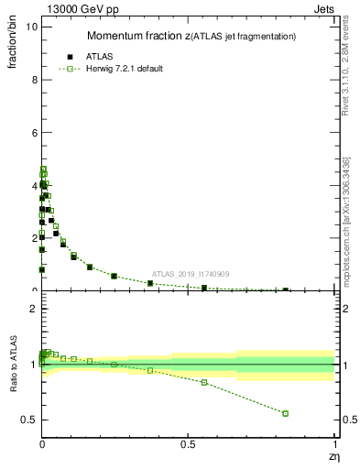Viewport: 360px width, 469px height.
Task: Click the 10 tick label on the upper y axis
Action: click(30, 27)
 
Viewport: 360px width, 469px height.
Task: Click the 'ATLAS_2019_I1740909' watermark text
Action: click(191, 274)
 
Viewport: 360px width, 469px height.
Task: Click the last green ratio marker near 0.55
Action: click(204, 382)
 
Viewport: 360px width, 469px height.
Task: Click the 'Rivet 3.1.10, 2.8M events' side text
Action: click(346, 64)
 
